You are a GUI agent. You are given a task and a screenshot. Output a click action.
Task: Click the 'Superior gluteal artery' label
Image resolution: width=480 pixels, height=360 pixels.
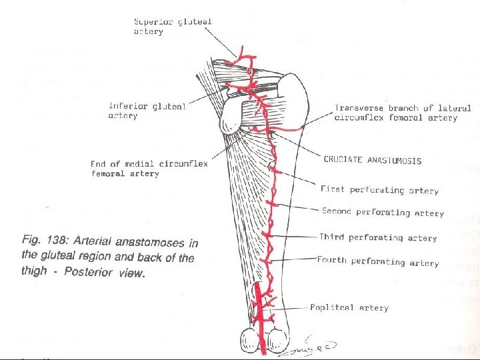tap(173, 26)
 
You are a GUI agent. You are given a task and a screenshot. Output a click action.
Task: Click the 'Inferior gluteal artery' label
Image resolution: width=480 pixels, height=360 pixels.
tap(147, 111)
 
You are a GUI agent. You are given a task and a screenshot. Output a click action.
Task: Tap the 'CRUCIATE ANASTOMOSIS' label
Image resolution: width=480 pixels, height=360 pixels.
tap(372, 161)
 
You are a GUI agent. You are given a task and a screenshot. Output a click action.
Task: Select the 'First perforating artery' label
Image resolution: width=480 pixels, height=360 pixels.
tap(379, 190)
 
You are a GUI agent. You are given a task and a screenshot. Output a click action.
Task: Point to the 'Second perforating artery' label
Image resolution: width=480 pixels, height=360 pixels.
tap(383, 213)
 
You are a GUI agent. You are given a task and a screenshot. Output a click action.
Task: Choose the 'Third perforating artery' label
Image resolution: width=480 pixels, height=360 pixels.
tap(378, 237)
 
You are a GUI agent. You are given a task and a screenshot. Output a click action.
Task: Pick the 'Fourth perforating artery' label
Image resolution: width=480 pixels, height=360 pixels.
tap(377, 261)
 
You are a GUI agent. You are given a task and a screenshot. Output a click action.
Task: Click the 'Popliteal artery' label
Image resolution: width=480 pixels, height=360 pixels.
tap(349, 308)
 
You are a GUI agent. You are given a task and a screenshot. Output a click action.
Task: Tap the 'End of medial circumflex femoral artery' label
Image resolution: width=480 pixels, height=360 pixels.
tap(149, 169)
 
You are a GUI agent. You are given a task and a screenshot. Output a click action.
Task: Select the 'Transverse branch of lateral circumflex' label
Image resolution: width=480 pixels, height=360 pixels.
tap(403, 113)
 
